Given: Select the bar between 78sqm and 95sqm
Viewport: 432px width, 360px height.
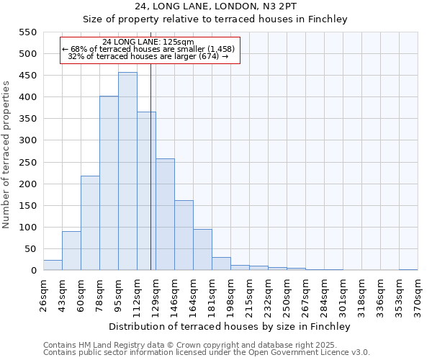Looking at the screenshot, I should coord(109,184).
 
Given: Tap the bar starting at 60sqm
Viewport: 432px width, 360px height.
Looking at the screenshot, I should coord(90,223).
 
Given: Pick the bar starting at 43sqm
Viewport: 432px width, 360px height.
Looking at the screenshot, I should coord(71,251).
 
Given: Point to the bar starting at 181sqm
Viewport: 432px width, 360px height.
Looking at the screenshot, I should coord(221,264).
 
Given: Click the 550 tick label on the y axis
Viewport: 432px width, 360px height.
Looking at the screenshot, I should coord(27,32).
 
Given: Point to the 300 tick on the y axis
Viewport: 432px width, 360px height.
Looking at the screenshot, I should coord(27,140).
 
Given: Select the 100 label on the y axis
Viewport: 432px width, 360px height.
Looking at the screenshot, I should coord(27,228).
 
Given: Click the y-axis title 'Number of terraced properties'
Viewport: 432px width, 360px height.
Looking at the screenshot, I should coord(6,155).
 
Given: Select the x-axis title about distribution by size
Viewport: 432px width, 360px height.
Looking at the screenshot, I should coord(230,326).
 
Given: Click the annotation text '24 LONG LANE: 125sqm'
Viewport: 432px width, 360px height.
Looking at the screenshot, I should coord(148,42).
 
